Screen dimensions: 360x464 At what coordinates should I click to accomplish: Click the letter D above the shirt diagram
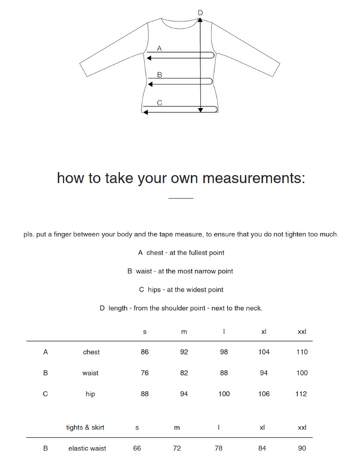(x=201, y=13)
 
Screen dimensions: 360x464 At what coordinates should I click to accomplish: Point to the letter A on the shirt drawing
(x=159, y=48)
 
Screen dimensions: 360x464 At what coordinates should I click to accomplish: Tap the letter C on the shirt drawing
(x=159, y=103)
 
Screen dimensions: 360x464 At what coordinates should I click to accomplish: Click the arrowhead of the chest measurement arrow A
(x=149, y=58)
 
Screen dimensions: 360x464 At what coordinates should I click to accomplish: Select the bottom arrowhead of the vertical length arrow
(x=201, y=110)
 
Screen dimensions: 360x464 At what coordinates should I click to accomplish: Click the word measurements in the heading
(x=253, y=178)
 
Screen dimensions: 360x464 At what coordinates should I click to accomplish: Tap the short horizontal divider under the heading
(x=181, y=198)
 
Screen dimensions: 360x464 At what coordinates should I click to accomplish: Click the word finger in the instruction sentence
(x=62, y=234)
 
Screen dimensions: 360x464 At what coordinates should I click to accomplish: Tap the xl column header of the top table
(x=263, y=332)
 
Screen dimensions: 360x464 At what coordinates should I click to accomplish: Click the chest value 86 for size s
(x=145, y=352)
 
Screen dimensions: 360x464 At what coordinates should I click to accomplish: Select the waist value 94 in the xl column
(x=263, y=373)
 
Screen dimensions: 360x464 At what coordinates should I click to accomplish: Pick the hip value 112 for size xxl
(x=301, y=394)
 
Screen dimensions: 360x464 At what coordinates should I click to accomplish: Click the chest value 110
(x=302, y=352)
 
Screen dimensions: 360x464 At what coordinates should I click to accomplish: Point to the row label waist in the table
(x=91, y=373)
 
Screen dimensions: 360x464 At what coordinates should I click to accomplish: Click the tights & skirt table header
(x=85, y=428)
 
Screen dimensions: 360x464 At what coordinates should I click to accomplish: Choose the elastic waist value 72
(x=176, y=448)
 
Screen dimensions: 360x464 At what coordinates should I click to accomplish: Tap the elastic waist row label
(x=87, y=448)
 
